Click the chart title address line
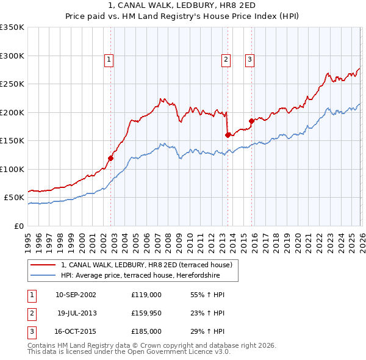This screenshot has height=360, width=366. click(183, 5)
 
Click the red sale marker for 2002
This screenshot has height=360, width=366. click(111, 158)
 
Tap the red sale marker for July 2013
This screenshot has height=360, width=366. click(228, 135)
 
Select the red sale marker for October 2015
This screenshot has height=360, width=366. click(251, 121)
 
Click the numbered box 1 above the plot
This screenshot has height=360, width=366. click(109, 59)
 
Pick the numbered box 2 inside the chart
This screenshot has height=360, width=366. click(226, 59)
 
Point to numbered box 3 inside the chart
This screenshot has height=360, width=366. click(249, 59)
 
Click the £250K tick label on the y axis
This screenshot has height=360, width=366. click(12, 84)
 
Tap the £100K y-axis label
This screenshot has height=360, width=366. click(12, 169)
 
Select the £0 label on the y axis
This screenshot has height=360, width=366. click(18, 226)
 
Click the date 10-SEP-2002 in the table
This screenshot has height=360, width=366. click(76, 295)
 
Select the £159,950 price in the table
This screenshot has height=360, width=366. click(146, 313)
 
